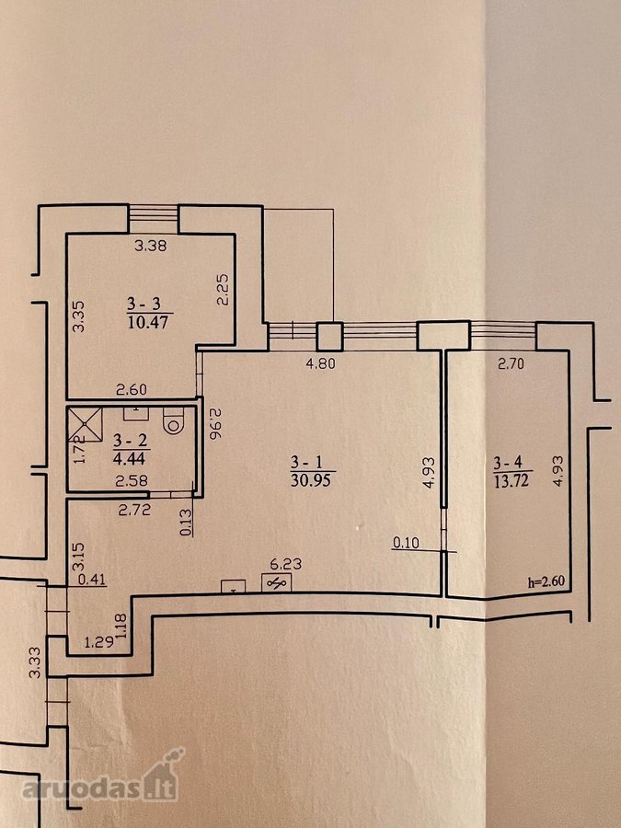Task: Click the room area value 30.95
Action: click(x=313, y=480)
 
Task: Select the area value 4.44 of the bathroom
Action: click(x=129, y=457)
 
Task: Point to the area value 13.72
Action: click(x=511, y=480)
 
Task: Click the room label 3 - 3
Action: click(x=144, y=304)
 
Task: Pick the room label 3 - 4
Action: click(x=508, y=463)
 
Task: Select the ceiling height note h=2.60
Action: click(x=546, y=582)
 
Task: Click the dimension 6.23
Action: click(x=287, y=564)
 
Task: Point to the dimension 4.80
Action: click(x=320, y=363)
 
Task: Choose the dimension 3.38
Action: click(x=151, y=245)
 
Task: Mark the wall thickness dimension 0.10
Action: click(x=406, y=543)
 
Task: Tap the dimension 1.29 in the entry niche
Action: click(x=98, y=642)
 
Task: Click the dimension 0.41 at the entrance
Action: click(x=92, y=581)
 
